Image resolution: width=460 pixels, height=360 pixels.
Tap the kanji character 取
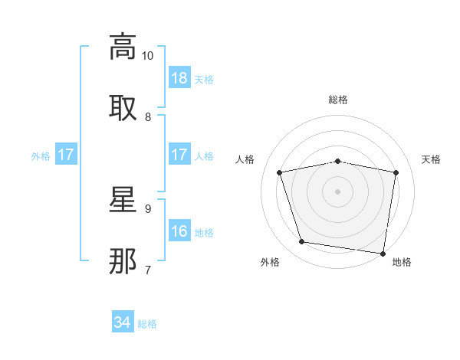123,107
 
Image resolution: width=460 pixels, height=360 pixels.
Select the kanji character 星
123,199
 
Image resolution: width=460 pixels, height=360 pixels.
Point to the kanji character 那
123,260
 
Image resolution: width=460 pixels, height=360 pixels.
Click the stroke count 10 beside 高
148,56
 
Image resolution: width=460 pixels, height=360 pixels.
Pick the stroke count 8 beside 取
148,117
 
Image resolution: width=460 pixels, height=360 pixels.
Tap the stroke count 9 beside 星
148,208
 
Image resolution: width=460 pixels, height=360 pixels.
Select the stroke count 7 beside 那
148,270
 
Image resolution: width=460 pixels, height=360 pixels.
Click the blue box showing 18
179,78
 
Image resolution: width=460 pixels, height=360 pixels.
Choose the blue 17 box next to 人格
179,155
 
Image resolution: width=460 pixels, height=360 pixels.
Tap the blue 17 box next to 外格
66,155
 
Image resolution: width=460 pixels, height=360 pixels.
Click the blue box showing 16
179,231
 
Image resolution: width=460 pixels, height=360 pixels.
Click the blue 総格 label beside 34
147,324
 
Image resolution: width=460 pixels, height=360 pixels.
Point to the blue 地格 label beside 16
204,233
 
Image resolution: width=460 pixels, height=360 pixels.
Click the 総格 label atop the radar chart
338,100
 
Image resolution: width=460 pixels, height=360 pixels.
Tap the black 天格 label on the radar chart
432,159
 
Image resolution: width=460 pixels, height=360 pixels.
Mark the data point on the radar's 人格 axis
280,172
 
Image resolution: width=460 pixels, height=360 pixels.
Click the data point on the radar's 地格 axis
383,253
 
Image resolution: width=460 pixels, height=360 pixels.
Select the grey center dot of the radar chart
338,191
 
